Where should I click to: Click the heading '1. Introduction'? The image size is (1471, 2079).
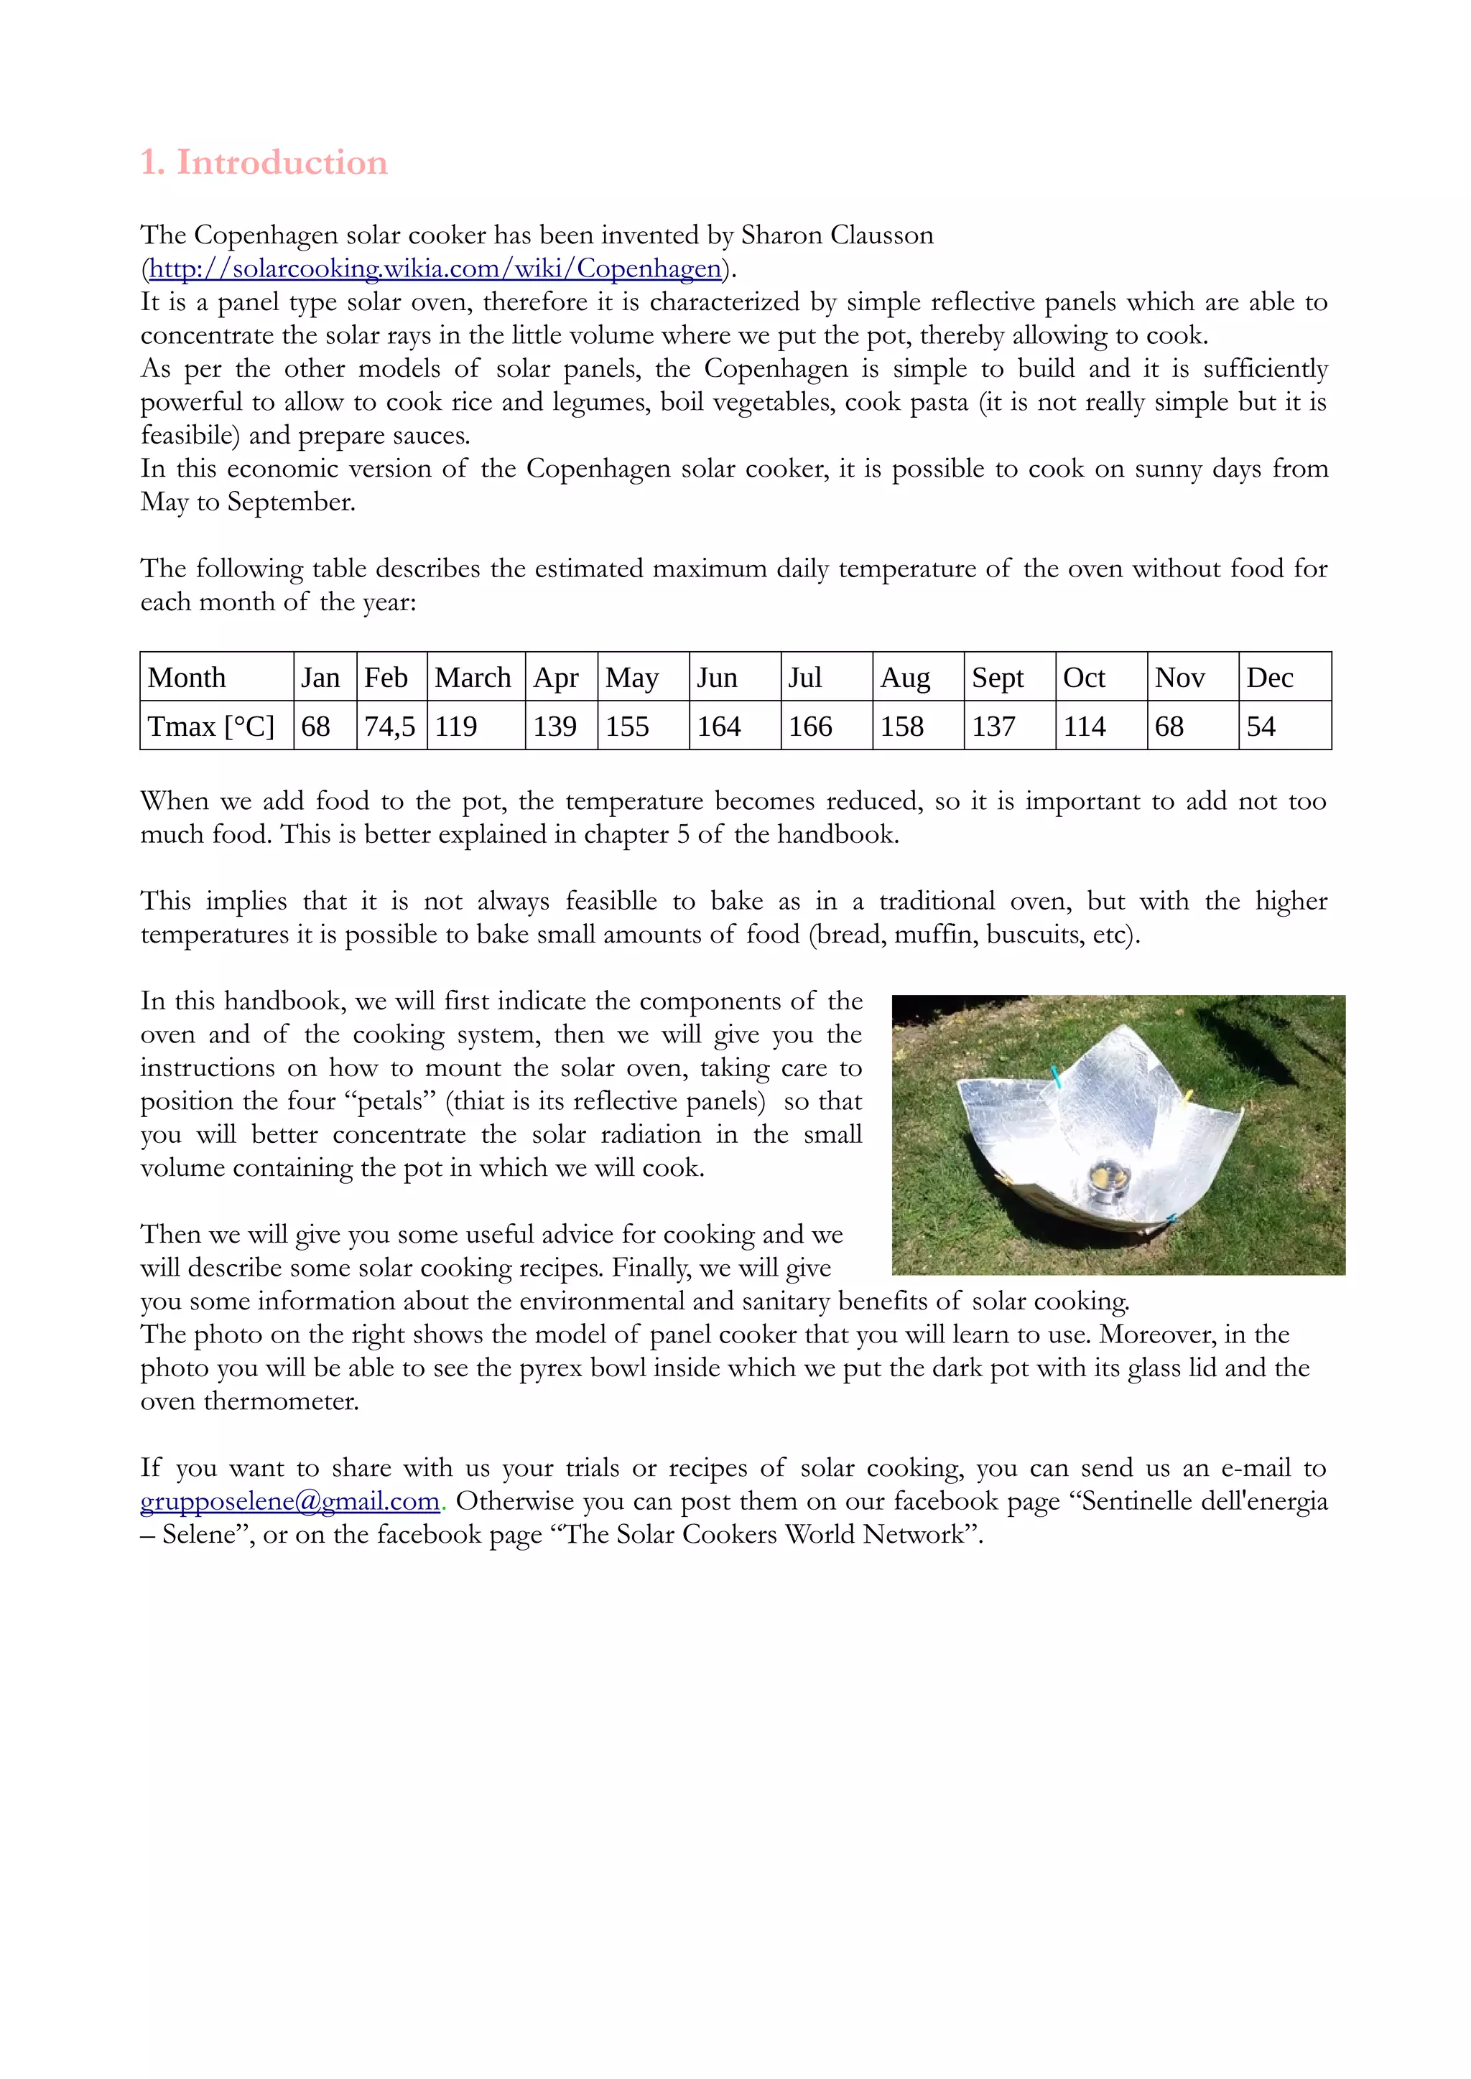(x=264, y=162)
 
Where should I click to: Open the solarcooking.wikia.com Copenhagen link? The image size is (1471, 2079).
(x=435, y=269)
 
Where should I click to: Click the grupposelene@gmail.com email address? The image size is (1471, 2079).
(x=290, y=1501)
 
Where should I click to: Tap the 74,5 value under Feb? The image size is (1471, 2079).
(x=389, y=727)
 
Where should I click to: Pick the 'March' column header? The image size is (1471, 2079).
(x=473, y=677)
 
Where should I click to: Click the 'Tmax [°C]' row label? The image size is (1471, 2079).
(x=211, y=727)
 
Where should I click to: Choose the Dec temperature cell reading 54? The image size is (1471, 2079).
(x=1261, y=727)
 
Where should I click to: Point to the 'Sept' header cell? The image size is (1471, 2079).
(x=997, y=677)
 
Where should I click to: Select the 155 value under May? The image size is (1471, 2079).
(x=628, y=727)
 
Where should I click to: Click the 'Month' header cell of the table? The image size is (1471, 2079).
(x=187, y=677)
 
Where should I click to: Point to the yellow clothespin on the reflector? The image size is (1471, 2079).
(x=1187, y=1098)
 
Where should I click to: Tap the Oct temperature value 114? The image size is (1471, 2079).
(x=1085, y=727)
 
